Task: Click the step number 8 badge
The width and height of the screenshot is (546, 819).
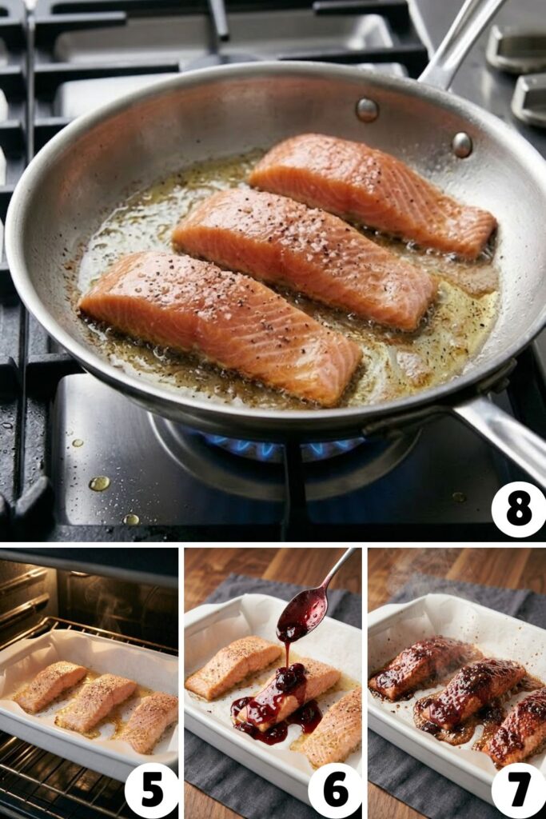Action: tap(519, 509)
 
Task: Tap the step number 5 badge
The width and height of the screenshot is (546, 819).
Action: tap(152, 790)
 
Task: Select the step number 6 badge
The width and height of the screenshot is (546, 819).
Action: tap(336, 790)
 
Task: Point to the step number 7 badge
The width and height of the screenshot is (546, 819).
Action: tap(519, 790)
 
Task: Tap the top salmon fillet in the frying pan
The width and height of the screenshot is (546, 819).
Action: tap(372, 192)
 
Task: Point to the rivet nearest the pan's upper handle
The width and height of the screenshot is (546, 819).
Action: tap(462, 145)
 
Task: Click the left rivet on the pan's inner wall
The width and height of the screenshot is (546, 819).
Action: tap(367, 110)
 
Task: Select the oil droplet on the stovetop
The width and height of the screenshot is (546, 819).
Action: tap(99, 483)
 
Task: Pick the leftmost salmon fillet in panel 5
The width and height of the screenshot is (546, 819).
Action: tap(50, 685)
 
